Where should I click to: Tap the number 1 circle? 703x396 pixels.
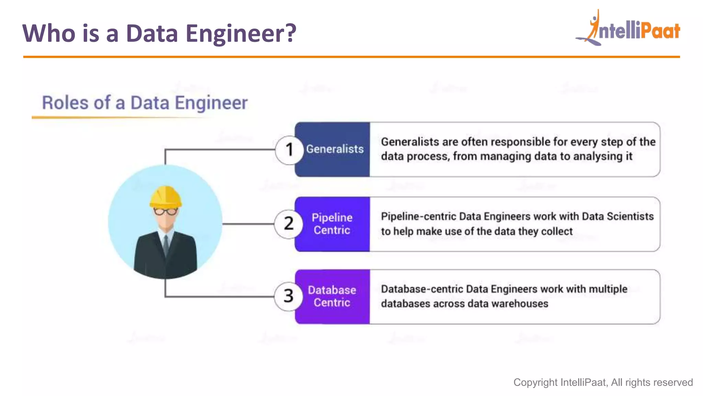pyautogui.click(x=289, y=150)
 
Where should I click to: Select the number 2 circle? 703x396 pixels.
pyautogui.click(x=289, y=224)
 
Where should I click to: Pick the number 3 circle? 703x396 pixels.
pyautogui.click(x=288, y=296)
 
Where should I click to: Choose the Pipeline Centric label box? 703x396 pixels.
pyautogui.click(x=332, y=224)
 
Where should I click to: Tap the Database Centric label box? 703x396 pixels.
pyautogui.click(x=332, y=296)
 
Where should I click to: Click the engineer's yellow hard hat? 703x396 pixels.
pyautogui.click(x=165, y=197)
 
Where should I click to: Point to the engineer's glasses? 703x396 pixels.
pyautogui.click(x=165, y=211)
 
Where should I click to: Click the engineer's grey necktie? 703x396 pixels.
pyautogui.click(x=166, y=244)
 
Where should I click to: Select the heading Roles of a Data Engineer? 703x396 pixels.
pyautogui.click(x=145, y=103)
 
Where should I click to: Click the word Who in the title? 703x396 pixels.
pyautogui.click(x=49, y=33)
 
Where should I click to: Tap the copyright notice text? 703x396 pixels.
pyautogui.click(x=603, y=382)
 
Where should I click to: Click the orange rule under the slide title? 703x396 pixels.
pyautogui.click(x=351, y=57)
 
